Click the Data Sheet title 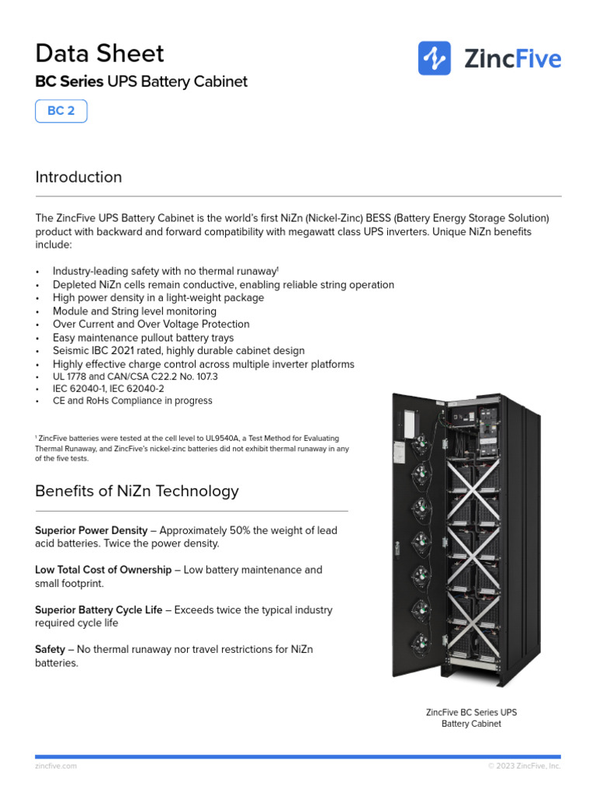point(99,54)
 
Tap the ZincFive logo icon point(435,58)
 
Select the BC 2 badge point(61,111)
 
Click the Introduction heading point(78,177)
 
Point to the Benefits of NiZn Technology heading point(137,491)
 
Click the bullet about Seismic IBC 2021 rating point(178,351)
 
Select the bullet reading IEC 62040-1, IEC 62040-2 point(108,388)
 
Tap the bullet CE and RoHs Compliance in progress point(132,401)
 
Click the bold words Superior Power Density point(91,530)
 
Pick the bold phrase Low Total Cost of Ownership point(103,570)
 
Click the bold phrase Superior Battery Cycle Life point(99,610)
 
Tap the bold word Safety point(50,649)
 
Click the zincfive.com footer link point(56,766)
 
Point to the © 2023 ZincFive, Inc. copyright point(524,766)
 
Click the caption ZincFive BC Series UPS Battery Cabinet point(471,718)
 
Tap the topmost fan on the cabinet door point(420,443)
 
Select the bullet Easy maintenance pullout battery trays point(143,338)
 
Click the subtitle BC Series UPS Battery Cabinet point(141,82)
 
